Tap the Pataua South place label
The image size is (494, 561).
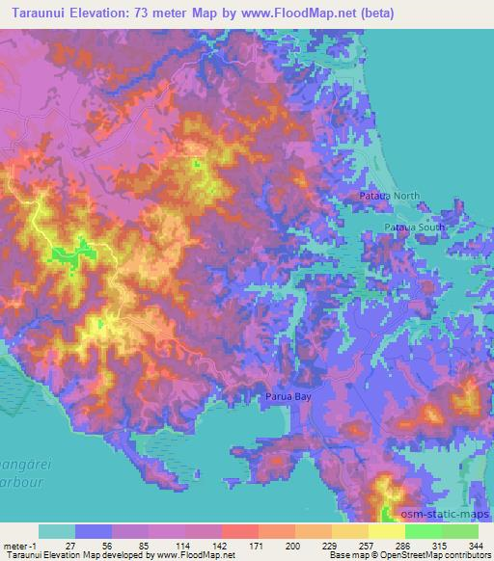pos(415,227)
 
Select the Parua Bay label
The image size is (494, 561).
pos(288,395)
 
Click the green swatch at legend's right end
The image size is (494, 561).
pos(459,531)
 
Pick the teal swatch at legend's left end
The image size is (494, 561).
pos(56,531)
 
